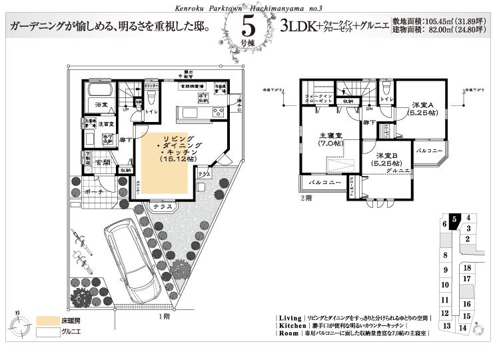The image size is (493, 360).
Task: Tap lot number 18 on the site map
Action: [x=467, y=267]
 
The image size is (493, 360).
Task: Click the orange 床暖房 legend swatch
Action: [x=47, y=321]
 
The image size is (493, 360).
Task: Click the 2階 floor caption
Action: [x=306, y=198]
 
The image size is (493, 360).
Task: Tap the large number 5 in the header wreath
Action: [x=247, y=26]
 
